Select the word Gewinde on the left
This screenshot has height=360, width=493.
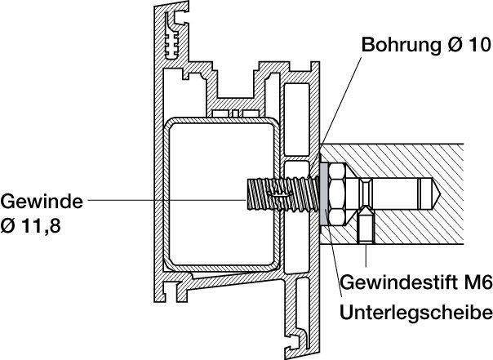(42, 201)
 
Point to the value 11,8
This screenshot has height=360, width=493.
(41, 225)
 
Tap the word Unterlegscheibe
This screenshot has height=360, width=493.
(416, 312)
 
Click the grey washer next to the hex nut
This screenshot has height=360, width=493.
(324, 194)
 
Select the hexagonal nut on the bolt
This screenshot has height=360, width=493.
(337, 194)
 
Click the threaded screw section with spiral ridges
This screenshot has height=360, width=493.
(281, 194)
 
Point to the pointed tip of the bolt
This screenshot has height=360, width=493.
(441, 194)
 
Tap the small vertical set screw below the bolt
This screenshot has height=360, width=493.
(366, 225)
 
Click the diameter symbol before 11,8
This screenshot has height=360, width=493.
(8, 226)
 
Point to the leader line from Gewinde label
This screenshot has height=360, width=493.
(167, 199)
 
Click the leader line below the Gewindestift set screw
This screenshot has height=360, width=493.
(366, 256)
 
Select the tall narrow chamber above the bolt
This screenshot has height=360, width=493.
(296, 119)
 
